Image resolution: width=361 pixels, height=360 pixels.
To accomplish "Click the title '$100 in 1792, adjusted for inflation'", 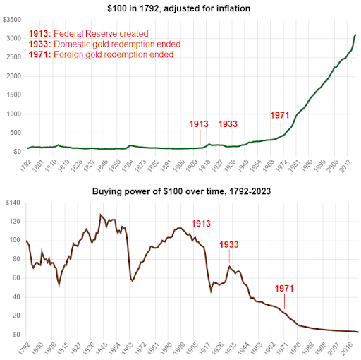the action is (178, 8).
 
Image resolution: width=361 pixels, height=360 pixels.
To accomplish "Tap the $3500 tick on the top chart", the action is (12, 20).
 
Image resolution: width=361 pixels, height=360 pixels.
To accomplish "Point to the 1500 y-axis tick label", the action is (13, 95).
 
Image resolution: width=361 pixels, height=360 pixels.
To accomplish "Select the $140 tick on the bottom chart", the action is (13, 203).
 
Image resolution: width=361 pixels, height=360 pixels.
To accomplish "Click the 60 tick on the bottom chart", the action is (16, 278).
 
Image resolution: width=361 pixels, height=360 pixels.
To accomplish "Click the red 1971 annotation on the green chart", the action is (279, 115).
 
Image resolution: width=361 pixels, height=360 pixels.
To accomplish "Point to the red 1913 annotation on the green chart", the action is (199, 124).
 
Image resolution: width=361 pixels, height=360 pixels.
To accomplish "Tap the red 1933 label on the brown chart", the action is (229, 245).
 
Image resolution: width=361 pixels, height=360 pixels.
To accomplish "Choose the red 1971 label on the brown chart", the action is (284, 289).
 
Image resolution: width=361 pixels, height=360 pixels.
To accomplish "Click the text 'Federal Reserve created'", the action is (101, 34).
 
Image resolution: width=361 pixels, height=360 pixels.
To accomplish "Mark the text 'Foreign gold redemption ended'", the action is (114, 54).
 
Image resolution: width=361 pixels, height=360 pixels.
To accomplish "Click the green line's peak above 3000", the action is (355, 35).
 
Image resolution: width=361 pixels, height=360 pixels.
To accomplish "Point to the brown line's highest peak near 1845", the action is (101, 215).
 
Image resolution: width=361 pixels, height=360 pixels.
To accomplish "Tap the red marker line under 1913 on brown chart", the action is (202, 236).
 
